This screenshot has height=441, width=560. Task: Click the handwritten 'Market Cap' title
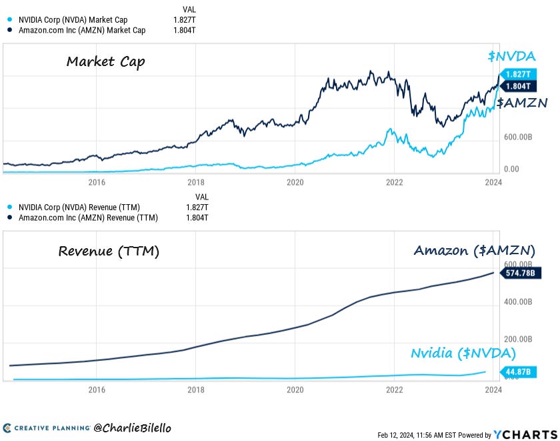tap(105, 62)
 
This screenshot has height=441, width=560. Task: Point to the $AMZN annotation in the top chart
tap(523, 103)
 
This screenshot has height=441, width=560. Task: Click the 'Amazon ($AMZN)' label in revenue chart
tap(475, 251)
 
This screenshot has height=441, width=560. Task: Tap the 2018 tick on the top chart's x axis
tap(195, 181)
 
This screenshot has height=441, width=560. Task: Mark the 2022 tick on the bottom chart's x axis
tap(394, 390)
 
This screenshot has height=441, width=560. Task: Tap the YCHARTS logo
tap(523, 434)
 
